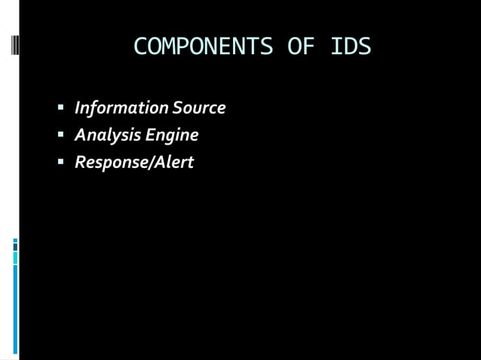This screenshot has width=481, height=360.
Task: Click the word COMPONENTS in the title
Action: click(x=202, y=47)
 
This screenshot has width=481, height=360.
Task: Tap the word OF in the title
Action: click(x=300, y=47)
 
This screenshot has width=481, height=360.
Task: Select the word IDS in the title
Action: click(x=351, y=47)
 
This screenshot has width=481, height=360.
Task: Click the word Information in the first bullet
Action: click(x=121, y=108)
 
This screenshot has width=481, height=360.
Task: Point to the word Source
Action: click(x=199, y=108)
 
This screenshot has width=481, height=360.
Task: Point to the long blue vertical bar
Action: click(x=15, y=309)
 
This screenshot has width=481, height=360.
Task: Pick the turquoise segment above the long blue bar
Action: click(x=15, y=258)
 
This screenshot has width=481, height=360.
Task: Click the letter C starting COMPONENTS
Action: click(x=140, y=47)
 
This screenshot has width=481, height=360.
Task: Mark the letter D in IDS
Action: click(x=351, y=47)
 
